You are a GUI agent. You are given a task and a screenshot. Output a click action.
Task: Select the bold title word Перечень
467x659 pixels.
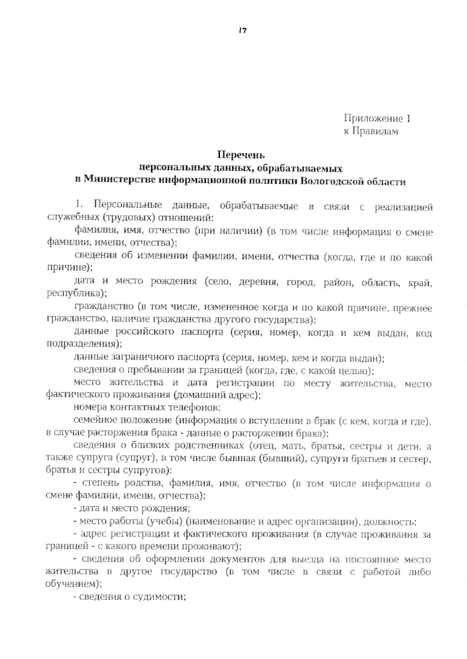(241, 155)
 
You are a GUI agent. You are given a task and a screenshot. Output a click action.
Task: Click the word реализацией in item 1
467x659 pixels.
(404, 207)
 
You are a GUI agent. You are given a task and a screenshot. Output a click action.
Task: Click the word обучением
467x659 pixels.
(72, 584)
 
